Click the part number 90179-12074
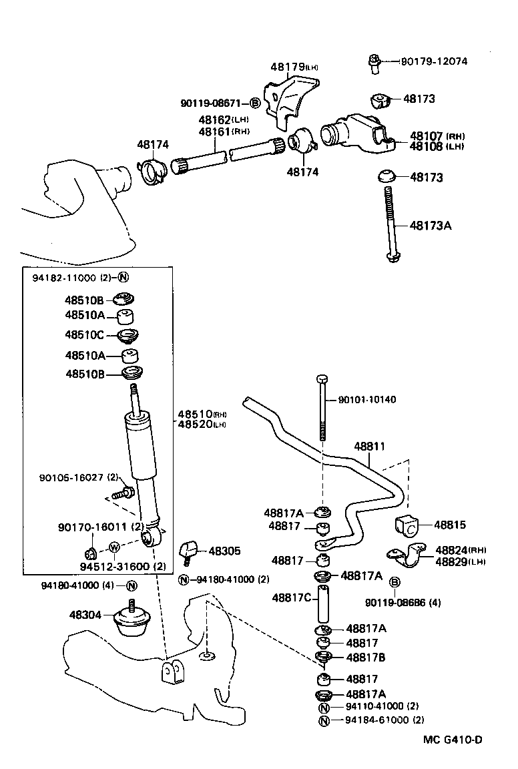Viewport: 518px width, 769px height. pos(434,61)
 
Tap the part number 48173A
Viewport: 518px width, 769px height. pos(431,226)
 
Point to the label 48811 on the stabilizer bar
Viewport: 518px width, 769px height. pos(369,446)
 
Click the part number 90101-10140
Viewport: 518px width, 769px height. pos(367,400)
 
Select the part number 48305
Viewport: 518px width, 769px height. pos(224,551)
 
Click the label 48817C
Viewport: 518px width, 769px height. pos(292,597)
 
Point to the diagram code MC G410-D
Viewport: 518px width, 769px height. pos(452,740)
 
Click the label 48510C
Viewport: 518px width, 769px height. pos(85,335)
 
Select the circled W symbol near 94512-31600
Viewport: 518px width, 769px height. pos(113,547)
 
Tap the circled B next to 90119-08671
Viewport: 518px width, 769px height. pos(254,103)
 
